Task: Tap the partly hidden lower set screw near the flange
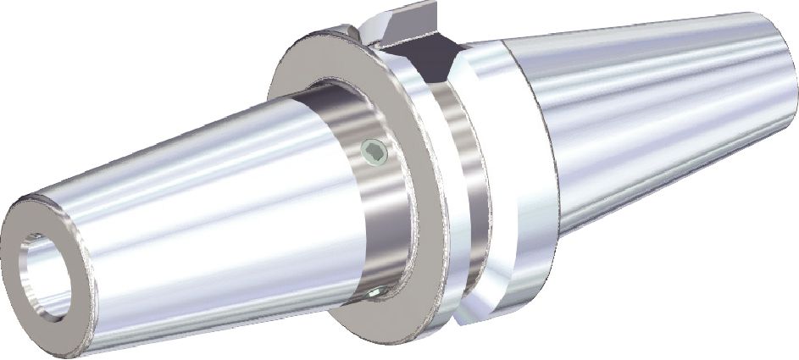tap(375, 293)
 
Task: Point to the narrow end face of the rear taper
tap(784, 80)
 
